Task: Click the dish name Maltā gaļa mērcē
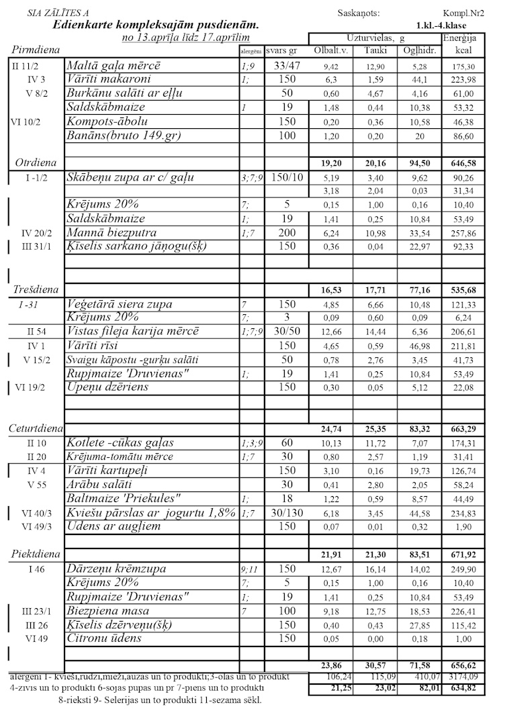(x=113, y=66)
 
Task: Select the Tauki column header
(x=375, y=51)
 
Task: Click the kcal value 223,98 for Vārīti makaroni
(x=464, y=80)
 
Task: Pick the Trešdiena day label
(x=36, y=289)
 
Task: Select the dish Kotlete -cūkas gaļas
(x=120, y=442)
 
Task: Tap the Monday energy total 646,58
(x=464, y=163)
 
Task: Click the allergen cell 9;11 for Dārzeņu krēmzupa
(x=250, y=569)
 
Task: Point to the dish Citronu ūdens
(x=104, y=638)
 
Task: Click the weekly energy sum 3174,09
(x=464, y=677)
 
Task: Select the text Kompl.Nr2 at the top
(x=464, y=13)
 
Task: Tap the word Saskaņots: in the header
(x=359, y=13)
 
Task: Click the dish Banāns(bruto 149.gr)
(x=124, y=136)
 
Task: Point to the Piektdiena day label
(x=36, y=554)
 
